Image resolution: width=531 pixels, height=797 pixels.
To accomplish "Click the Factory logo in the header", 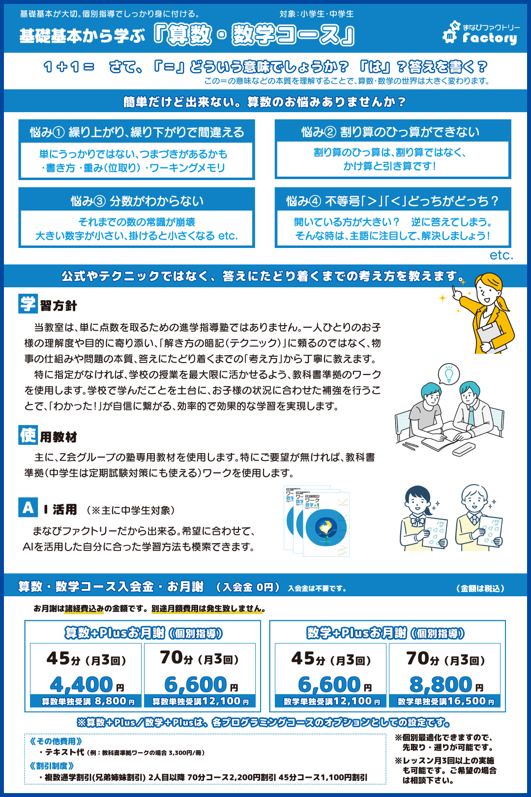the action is coord(481,33).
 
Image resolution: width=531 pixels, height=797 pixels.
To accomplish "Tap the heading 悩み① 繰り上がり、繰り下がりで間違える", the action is coord(137,132).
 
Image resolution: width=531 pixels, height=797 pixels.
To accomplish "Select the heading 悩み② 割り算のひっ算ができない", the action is coord(390,132).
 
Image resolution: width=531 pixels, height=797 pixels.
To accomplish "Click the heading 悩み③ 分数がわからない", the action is coord(137,201).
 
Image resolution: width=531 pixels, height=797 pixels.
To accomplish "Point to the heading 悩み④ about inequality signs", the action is coord(393,201).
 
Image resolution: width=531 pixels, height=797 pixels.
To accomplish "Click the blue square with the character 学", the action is coord(28,304).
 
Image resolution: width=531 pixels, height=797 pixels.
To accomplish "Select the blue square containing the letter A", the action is coord(28,507).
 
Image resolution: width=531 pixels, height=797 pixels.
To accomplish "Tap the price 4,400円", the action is coord(87,684).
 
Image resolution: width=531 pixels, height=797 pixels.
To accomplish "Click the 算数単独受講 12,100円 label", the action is coord(200,701).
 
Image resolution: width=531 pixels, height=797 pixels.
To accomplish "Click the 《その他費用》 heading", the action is coord(56,741).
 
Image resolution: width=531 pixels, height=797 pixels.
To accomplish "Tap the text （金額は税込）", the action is coord(480,588).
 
